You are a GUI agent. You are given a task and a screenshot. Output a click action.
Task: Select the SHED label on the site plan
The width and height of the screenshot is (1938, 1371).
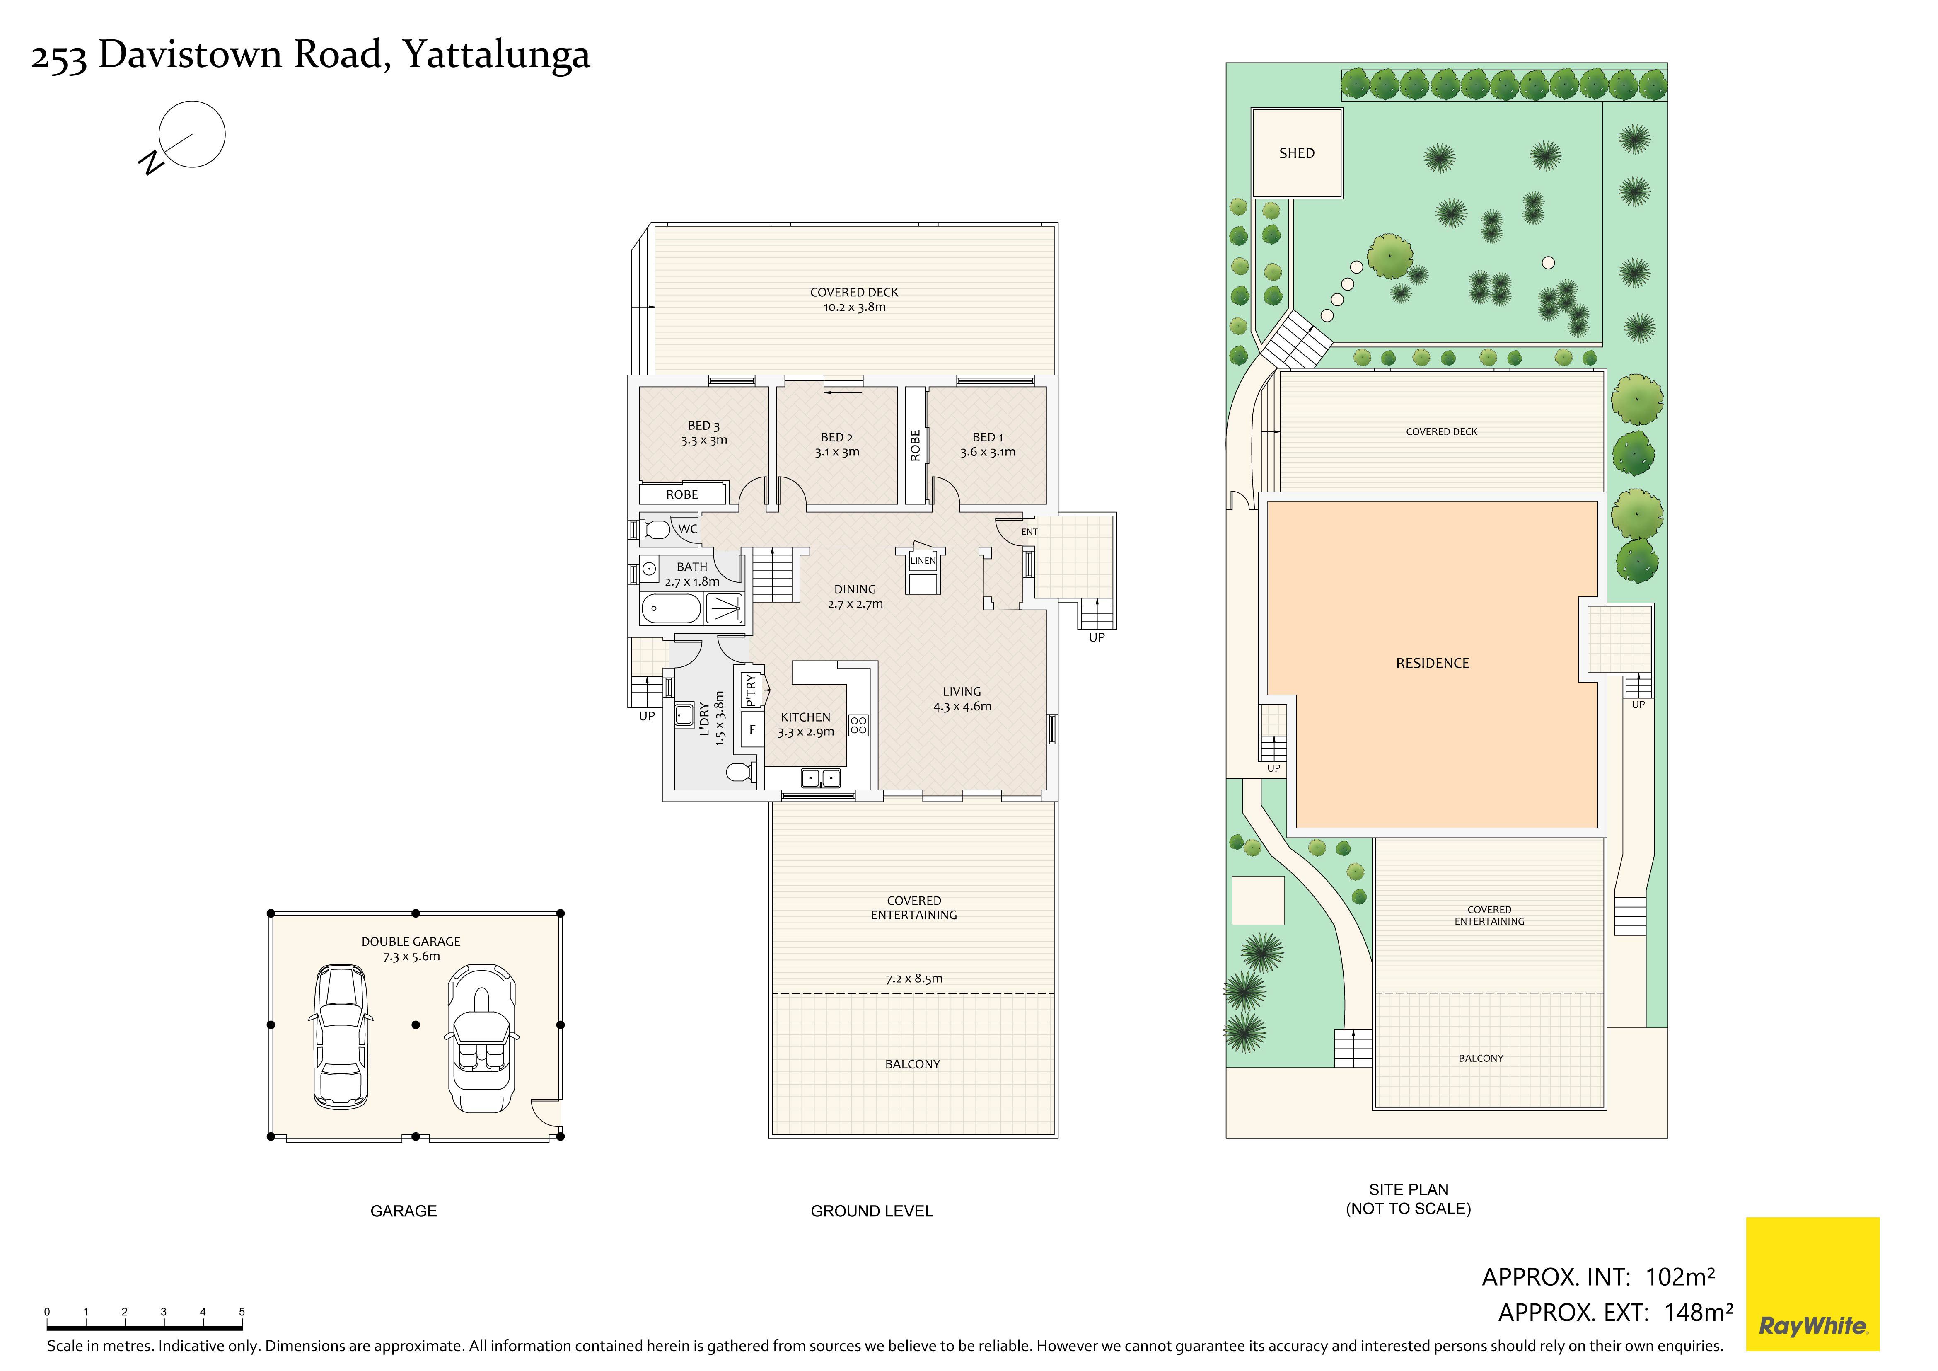click(1297, 153)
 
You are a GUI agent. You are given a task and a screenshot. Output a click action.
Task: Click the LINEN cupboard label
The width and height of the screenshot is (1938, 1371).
click(923, 561)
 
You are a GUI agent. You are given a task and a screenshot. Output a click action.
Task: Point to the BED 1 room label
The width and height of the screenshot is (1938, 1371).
click(988, 437)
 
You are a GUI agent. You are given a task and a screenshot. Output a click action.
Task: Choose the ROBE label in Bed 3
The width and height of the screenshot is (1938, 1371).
click(682, 495)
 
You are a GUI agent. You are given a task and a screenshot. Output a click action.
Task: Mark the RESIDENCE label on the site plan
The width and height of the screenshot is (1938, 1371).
click(1433, 664)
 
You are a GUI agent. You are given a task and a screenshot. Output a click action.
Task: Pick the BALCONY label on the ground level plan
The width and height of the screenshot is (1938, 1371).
click(912, 1065)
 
